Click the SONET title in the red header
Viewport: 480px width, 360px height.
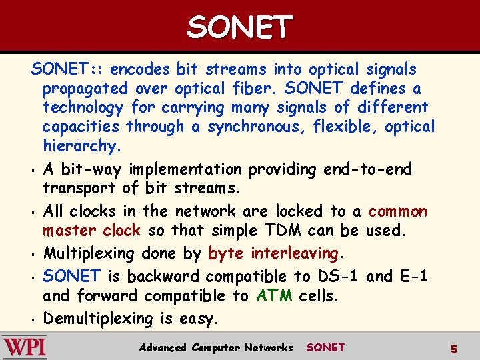(x=239, y=27)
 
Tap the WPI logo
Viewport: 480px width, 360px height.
(x=24, y=347)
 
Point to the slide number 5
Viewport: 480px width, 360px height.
(x=453, y=349)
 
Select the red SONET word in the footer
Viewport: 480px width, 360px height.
(x=325, y=347)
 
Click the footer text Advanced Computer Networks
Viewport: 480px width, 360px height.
(x=215, y=347)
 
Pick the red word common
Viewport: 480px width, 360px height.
(x=397, y=211)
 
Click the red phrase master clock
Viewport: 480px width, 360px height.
(x=91, y=231)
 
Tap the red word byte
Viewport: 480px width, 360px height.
(x=225, y=253)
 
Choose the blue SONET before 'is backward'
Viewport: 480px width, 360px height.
(x=71, y=275)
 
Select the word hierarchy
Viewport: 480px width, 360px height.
(x=79, y=145)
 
